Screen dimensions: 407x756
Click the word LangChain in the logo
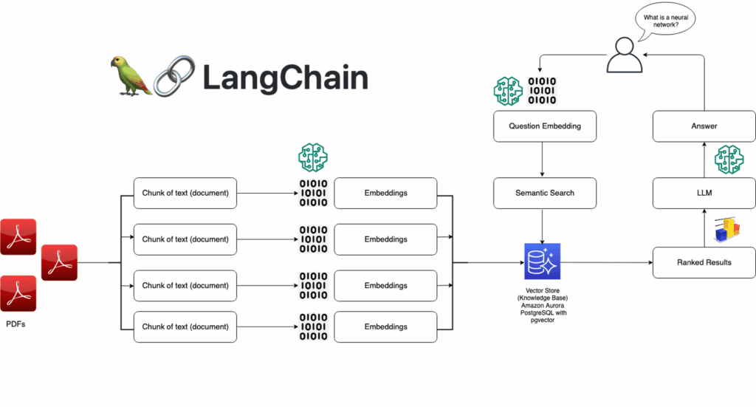click(x=285, y=76)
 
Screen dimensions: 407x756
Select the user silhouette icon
click(x=625, y=56)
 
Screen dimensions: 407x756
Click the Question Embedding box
click(x=544, y=126)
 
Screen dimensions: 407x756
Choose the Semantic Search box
click(x=544, y=193)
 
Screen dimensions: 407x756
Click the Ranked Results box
click(x=704, y=262)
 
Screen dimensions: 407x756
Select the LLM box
click(x=704, y=193)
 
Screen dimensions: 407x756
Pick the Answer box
click(x=704, y=126)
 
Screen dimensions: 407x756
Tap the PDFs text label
click(x=16, y=324)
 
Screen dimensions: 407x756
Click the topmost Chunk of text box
click(x=185, y=193)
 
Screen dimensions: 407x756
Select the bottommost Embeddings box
click(x=385, y=326)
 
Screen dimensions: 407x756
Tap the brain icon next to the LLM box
click(x=729, y=160)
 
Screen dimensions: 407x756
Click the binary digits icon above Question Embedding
click(x=543, y=90)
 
